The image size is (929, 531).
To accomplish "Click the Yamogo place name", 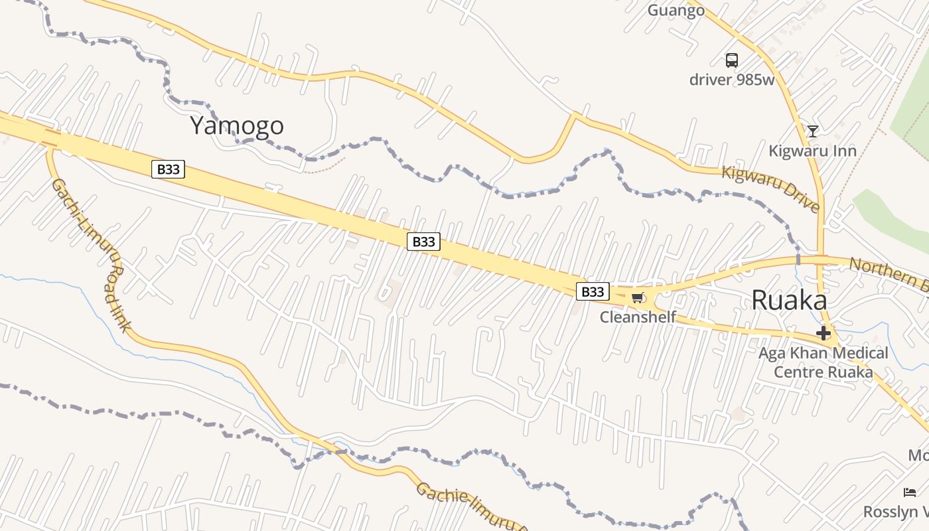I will [237, 125].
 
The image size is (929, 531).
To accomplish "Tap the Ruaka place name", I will [789, 301].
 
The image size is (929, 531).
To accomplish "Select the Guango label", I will [676, 11].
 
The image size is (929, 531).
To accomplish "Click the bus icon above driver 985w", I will [731, 60].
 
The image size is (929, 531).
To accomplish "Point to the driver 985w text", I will [732, 80].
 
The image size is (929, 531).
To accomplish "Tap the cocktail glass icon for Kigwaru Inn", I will [812, 131].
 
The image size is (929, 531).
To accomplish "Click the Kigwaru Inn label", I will [812, 151].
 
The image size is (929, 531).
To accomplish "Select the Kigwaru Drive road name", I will [770, 189].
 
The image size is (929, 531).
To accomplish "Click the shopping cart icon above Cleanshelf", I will [638, 297].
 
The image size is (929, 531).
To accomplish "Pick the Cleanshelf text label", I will [638, 317].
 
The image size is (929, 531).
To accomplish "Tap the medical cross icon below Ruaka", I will [823, 333].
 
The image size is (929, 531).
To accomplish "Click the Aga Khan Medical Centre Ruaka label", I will [823, 362].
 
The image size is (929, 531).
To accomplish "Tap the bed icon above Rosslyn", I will [910, 493].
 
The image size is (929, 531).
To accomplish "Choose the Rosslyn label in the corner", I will [896, 512].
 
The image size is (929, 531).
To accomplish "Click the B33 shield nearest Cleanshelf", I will [592, 291].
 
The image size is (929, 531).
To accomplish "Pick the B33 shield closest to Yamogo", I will [168, 169].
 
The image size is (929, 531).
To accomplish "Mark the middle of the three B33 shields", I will [423, 242].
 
